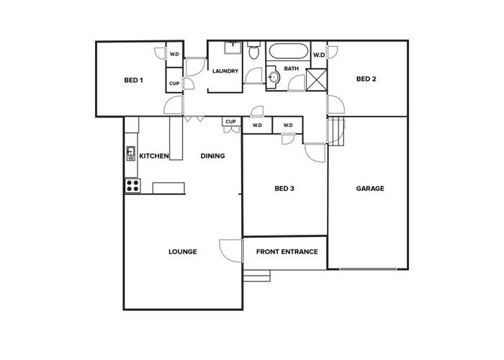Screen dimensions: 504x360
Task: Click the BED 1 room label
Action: pos(133,80)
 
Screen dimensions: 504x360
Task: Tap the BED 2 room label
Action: pos(366,78)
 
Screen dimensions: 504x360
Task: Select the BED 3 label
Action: pos(284,189)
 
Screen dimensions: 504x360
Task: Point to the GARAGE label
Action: pos(370,189)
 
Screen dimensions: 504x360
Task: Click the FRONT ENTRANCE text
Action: pos(287,252)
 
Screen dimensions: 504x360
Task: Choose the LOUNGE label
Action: pos(183,252)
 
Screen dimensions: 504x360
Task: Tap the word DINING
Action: pos(212,156)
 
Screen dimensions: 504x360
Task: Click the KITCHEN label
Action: pos(154,156)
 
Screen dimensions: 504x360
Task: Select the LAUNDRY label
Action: pos(225,71)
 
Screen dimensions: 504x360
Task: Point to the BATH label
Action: pos(291,68)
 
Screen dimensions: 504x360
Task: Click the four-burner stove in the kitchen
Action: pos(132,186)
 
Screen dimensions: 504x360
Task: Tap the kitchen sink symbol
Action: pos(131,153)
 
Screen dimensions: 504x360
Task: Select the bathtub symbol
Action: pos(288,51)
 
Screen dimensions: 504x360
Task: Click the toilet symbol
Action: pos(253,50)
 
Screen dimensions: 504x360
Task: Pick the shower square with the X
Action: pos(316,80)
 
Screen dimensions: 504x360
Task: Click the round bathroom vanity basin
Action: pos(274,77)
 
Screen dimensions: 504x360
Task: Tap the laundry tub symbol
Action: pos(233,48)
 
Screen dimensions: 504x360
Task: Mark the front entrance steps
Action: pos(256,276)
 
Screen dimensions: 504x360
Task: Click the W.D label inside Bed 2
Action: pos(319,55)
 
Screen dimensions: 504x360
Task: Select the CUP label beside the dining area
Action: pos(231,122)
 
